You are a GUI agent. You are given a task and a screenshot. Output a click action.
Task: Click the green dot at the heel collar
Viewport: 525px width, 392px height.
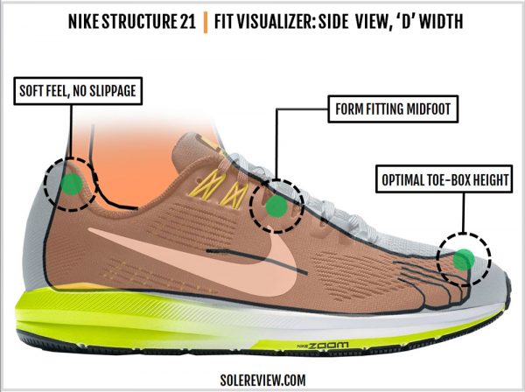coord(72,184)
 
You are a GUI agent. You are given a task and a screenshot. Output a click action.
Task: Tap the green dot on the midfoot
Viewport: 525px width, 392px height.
coord(276,206)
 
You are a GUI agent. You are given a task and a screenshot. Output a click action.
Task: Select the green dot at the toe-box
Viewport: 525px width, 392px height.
coord(464,259)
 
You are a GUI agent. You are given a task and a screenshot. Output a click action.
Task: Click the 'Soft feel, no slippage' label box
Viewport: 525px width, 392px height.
coord(78,91)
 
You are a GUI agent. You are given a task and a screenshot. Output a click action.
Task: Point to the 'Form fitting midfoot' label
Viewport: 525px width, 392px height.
coord(393,109)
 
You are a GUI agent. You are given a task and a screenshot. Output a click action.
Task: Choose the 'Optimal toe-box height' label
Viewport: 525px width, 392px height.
coord(444,179)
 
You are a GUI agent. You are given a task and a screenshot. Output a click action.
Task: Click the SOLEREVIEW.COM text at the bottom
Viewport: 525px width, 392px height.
coord(262,380)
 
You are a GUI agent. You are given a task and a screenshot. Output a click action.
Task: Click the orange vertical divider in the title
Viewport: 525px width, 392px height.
coord(206,22)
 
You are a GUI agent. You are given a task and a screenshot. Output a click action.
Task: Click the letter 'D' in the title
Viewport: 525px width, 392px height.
coord(406,21)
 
